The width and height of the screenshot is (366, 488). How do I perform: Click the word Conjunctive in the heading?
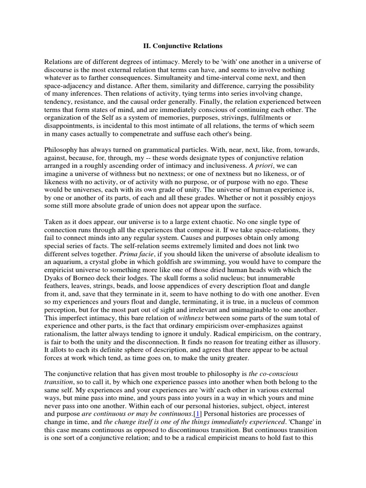coord(171,46)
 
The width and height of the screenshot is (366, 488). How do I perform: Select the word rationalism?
coord(63,333)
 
